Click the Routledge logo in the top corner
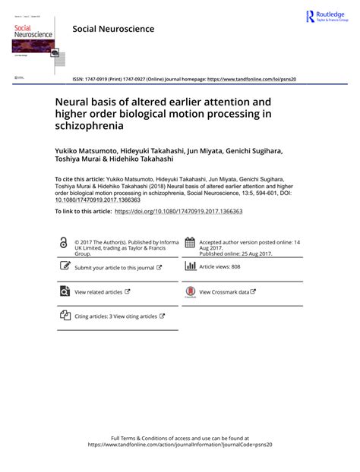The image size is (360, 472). [327, 17]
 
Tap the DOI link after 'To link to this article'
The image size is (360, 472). [178, 210]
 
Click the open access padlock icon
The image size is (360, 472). [63, 243]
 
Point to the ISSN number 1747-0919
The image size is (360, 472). [98, 78]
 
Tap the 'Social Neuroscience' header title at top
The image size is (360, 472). [113, 29]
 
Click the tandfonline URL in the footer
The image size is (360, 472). [179, 445]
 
